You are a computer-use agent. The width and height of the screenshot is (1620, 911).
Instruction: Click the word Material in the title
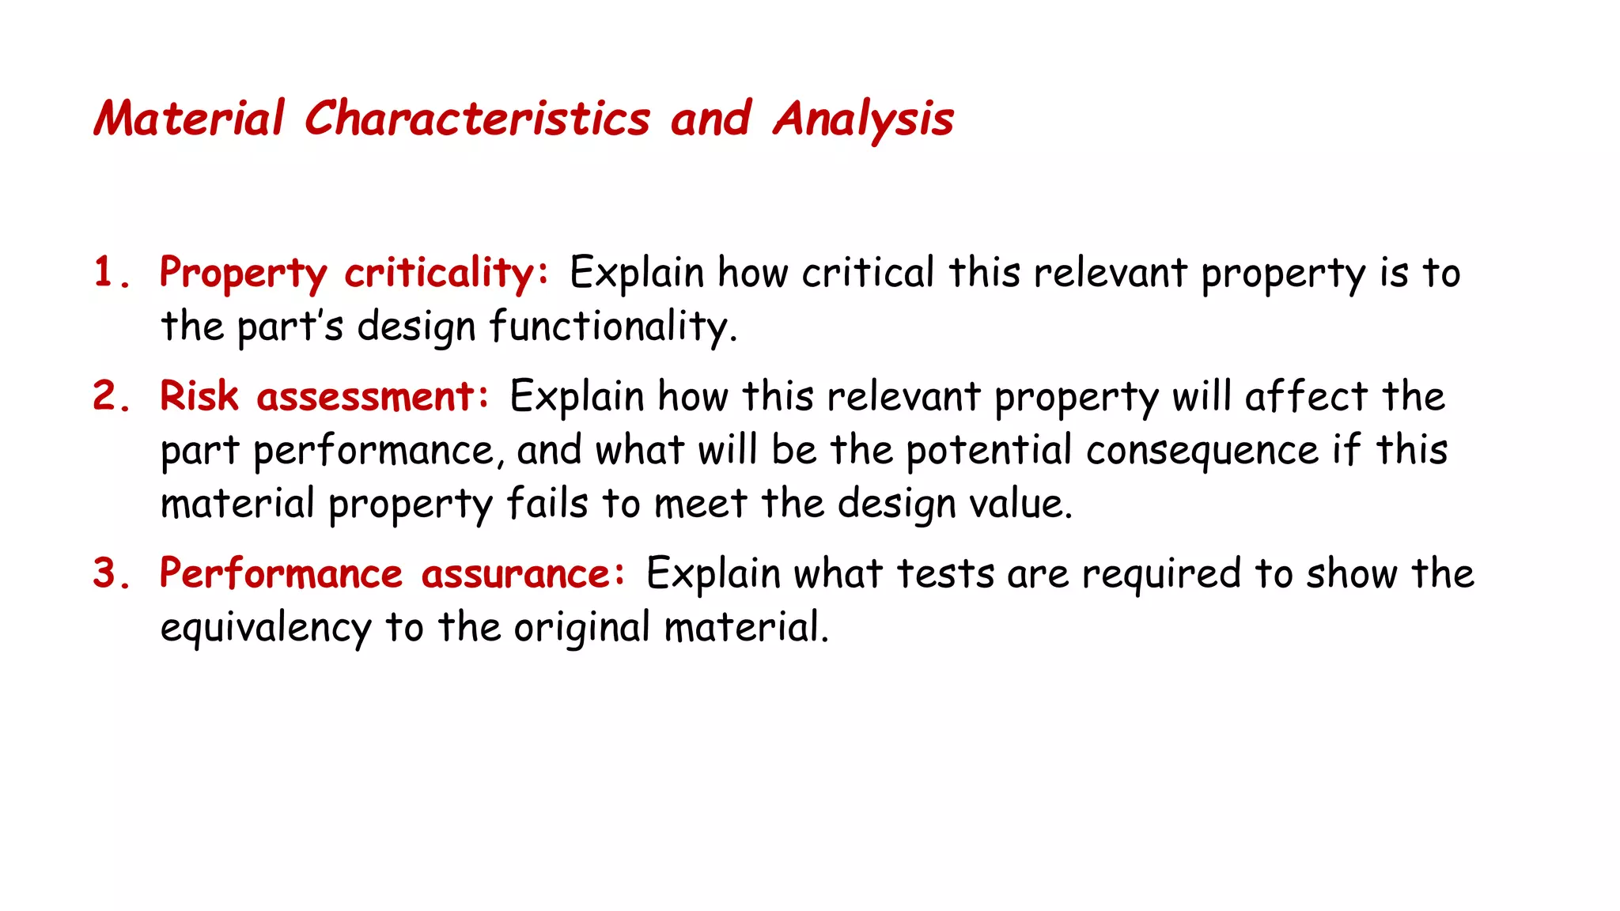[x=188, y=119]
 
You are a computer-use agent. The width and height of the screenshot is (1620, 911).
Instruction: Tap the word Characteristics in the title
[x=477, y=119]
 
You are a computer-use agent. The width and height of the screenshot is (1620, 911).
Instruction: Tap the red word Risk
[x=199, y=395]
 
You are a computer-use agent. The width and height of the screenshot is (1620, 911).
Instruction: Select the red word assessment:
[x=373, y=396]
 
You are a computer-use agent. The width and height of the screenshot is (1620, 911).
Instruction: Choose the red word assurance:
[x=523, y=573]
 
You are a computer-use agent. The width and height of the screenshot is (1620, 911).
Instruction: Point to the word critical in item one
[x=868, y=272]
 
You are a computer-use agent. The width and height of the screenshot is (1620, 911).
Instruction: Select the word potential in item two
[x=989, y=450]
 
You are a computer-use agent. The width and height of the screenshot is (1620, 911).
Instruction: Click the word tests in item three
[x=945, y=573]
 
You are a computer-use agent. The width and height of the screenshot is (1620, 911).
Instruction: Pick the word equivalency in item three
[x=265, y=629]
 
